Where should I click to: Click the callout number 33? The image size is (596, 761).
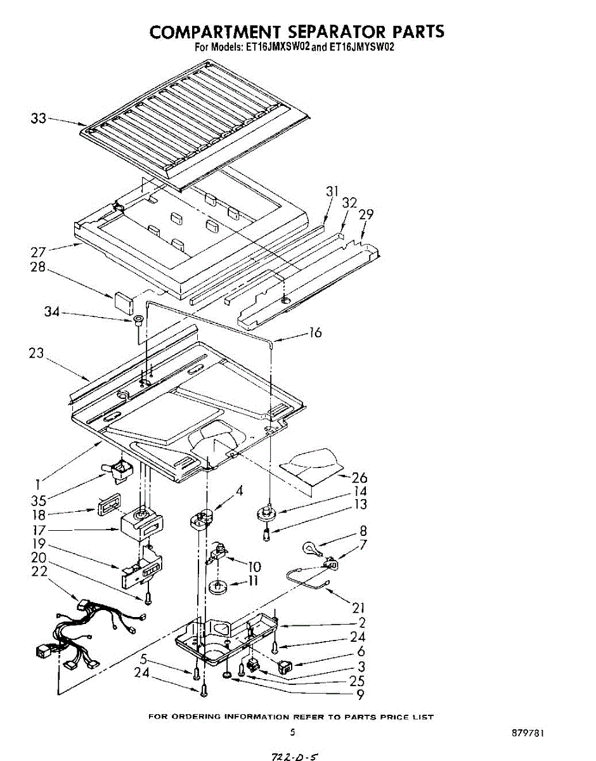[38, 118]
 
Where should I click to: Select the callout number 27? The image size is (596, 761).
[38, 252]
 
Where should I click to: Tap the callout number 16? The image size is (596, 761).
[315, 332]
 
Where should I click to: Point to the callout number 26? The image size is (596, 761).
[360, 478]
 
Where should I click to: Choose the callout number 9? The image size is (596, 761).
[361, 694]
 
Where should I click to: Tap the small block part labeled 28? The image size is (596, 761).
[123, 299]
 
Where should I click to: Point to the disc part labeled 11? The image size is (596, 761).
[218, 588]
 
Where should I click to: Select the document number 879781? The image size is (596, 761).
[528, 733]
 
